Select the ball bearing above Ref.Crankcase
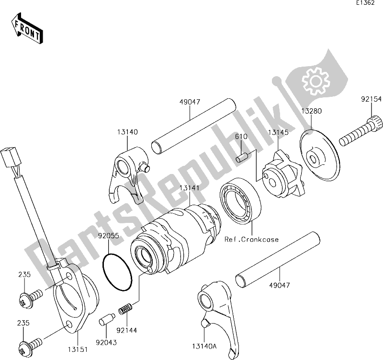(x=240, y=200)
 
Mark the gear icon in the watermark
(x=314, y=80)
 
